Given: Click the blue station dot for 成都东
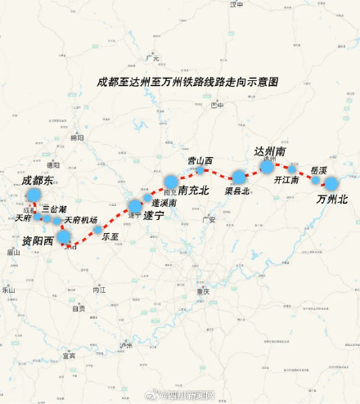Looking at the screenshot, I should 34,195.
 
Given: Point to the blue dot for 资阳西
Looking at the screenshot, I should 63,237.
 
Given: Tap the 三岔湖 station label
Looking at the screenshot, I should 54,209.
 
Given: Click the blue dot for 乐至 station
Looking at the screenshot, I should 98,230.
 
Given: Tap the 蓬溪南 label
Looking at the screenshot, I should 165,201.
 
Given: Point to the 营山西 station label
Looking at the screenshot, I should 200,160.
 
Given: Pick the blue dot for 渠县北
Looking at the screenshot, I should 238,177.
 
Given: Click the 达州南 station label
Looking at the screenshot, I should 270,152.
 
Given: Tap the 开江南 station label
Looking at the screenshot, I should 286,179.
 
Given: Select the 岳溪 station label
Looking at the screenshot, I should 319,170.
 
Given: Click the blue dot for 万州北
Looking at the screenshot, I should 331,184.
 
